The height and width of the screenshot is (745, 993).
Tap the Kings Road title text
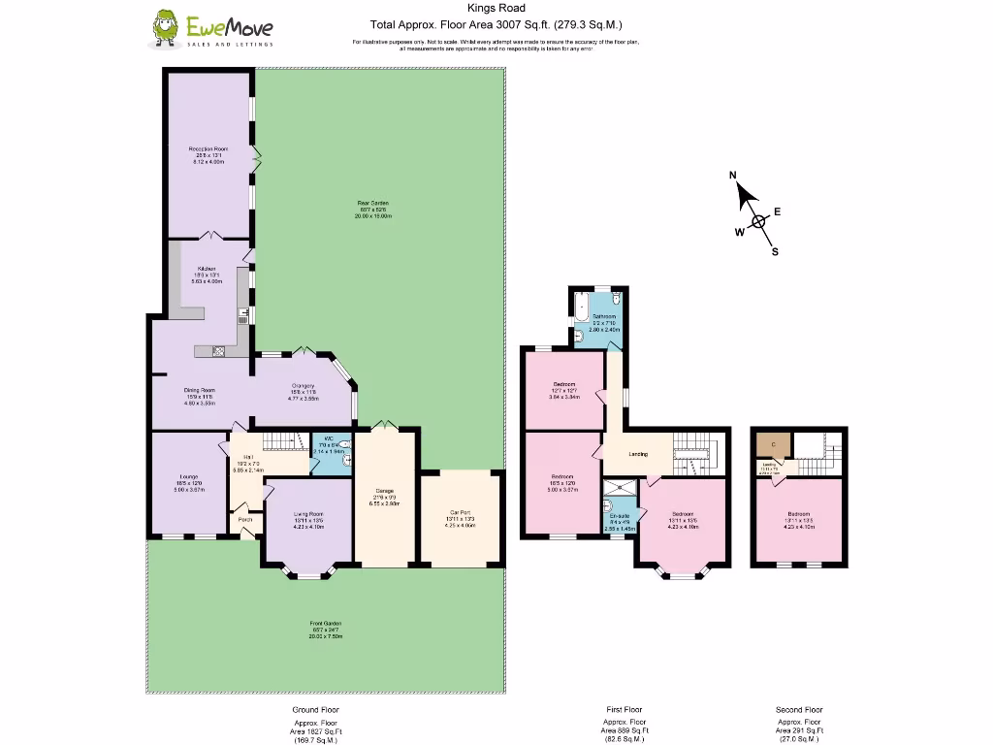tap(496, 9)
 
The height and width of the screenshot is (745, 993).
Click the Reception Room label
tap(208, 148)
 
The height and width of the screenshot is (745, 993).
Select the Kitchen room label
tap(207, 269)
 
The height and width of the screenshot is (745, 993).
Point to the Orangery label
tap(303, 386)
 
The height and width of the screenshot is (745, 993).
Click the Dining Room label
tap(200, 390)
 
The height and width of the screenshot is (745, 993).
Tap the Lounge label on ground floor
tap(189, 477)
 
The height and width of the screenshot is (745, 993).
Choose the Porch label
tap(245, 519)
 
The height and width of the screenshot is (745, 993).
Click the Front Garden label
tap(326, 624)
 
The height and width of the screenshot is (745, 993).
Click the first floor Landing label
tap(638, 453)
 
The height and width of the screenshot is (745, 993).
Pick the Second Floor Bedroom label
tap(798, 514)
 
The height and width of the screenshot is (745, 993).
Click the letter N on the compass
tap(734, 176)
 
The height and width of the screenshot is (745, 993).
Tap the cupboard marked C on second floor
tap(772, 444)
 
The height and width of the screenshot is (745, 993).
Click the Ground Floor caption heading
tap(315, 710)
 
